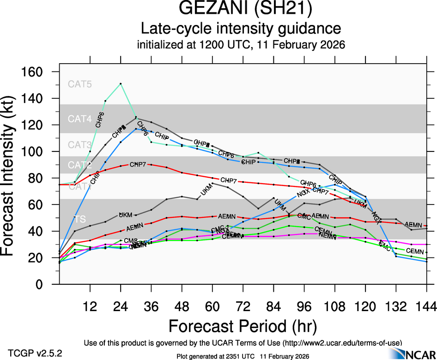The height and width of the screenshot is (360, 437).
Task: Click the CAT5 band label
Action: (80, 84)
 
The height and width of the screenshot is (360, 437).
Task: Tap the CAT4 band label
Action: (80, 119)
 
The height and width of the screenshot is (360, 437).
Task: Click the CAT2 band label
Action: (80, 165)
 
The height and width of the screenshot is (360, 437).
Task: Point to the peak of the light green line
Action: (121, 84)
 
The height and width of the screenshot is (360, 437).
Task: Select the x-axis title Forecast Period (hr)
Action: (243, 326)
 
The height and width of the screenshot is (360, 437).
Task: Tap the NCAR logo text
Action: (420, 353)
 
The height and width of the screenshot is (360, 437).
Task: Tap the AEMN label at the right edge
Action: (414, 225)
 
